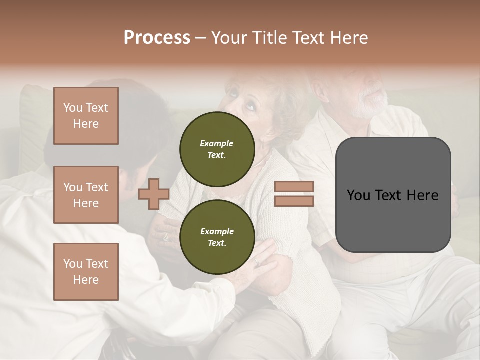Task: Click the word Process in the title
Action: coord(157,38)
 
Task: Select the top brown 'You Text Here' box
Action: coord(86,116)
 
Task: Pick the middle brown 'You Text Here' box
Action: coord(86,195)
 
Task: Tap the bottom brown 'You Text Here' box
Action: coord(86,272)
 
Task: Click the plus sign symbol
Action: coord(153,194)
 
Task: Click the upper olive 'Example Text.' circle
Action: coord(217,149)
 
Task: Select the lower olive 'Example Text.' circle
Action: coord(217,237)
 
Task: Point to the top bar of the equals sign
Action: coord(294,187)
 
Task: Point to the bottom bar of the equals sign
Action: coord(294,201)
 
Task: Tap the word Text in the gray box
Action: coord(392,195)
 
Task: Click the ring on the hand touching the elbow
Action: coord(257,261)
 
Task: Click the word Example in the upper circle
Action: coord(217,143)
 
